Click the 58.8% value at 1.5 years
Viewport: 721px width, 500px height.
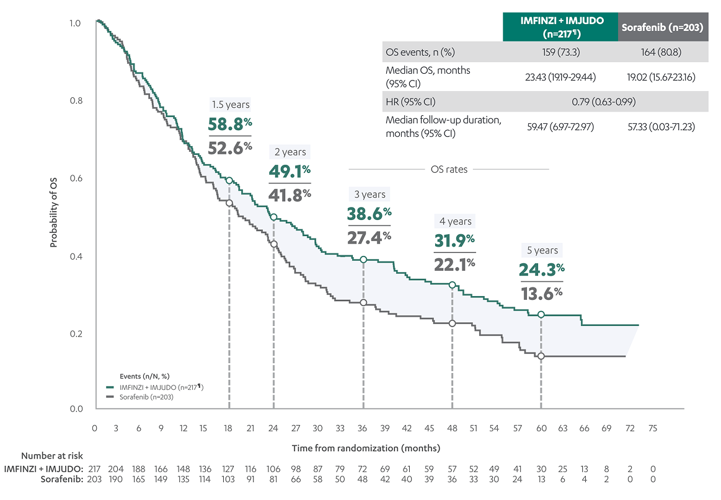click(230, 123)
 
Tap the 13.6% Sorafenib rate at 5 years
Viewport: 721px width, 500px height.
click(541, 292)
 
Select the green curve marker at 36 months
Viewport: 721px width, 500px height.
click(363, 260)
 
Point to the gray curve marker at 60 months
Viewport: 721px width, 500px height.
click(541, 356)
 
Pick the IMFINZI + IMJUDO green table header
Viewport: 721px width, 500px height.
click(560, 27)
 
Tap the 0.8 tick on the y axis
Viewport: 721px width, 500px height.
click(74, 101)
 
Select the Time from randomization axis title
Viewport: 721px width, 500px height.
click(366, 447)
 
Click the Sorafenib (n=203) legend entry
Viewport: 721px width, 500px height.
click(145, 397)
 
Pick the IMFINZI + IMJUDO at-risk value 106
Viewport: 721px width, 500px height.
click(273, 468)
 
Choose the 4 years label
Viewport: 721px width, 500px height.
click(456, 221)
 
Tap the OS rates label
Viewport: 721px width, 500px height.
click(449, 169)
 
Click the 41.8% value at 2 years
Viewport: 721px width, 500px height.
click(290, 195)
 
